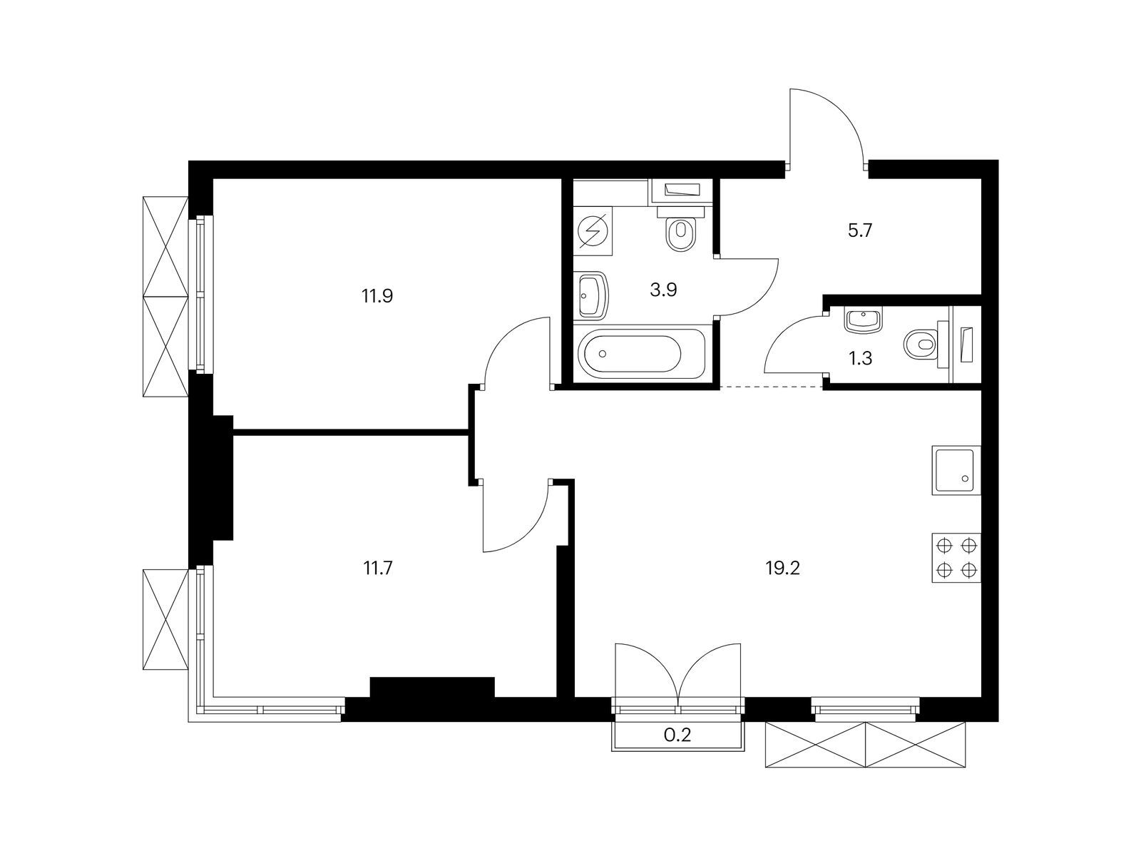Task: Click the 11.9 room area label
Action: point(377,297)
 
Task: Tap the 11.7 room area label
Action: point(378,569)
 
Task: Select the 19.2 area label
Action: point(782,569)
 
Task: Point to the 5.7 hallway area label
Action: point(860,230)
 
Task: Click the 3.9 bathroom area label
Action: point(663,290)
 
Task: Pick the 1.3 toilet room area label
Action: point(860,358)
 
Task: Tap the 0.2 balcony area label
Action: point(678,735)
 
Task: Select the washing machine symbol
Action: point(593,230)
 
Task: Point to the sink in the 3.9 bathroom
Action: point(591,295)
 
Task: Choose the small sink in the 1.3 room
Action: point(864,321)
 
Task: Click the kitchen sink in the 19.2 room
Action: point(956,470)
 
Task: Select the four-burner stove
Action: point(956,559)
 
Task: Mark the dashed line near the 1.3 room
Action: point(772,387)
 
